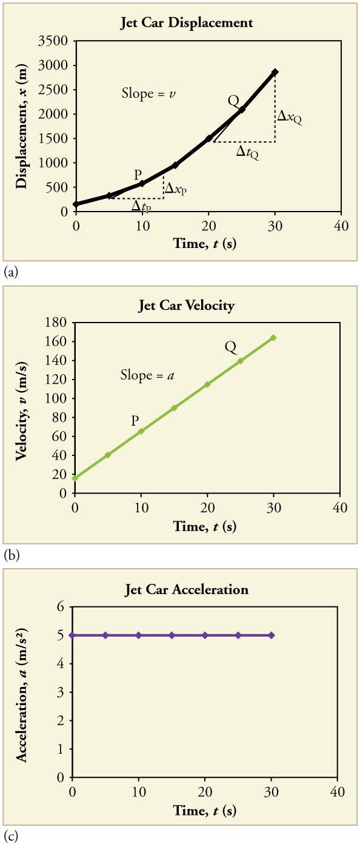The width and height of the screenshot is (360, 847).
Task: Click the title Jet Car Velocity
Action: (186, 305)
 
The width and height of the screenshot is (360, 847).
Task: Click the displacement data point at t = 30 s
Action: (275, 72)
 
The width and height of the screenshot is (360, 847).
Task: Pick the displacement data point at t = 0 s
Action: (76, 204)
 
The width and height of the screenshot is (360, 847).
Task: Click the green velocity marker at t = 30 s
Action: (273, 338)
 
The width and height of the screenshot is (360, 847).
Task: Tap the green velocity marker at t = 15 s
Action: (175, 408)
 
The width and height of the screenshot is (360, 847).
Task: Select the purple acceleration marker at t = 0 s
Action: (73, 635)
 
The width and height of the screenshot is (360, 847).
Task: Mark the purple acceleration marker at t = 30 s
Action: (272, 635)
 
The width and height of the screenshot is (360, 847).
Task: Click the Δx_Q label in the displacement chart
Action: (289, 116)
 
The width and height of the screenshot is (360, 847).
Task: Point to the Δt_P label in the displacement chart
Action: (142, 206)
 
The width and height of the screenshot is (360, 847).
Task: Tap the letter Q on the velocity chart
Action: (230, 347)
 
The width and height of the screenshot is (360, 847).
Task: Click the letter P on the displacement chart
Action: (138, 175)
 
